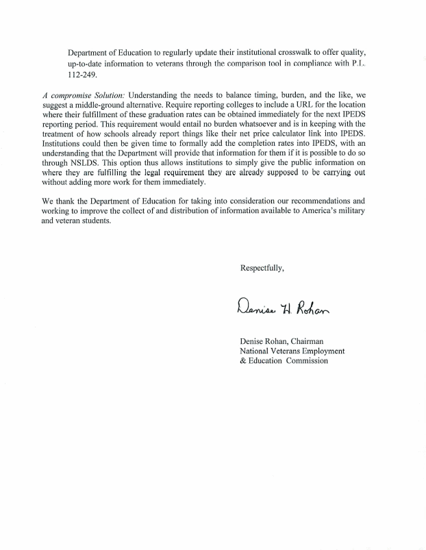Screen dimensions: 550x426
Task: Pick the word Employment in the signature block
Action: click(320, 351)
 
